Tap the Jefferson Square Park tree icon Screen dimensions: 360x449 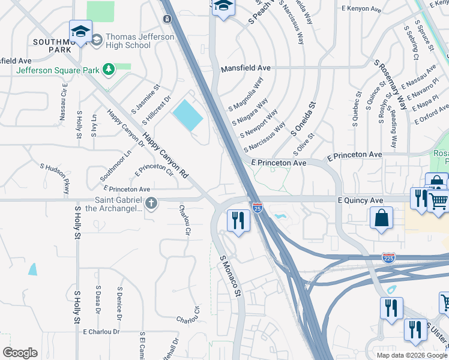click(109, 70)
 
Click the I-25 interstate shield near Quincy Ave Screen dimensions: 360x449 click(257, 208)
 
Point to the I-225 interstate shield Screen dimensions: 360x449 click(388, 258)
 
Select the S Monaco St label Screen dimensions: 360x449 click(230, 277)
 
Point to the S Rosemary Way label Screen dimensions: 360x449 click(391, 83)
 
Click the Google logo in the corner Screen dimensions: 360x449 click(20, 353)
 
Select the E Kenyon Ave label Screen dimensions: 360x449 click(361, 8)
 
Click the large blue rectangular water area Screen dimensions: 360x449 click(187, 115)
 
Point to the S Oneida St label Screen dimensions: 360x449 click(304, 118)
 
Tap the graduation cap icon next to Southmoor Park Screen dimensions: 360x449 click(80, 32)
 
